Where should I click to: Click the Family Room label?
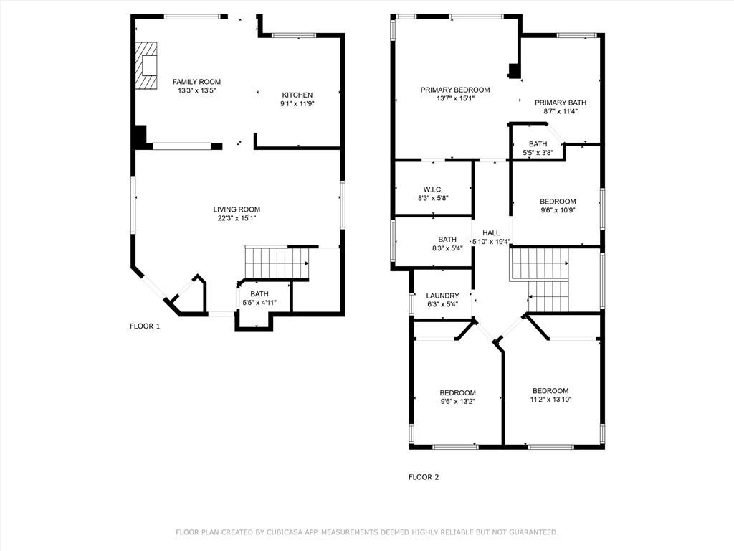tap(196, 82)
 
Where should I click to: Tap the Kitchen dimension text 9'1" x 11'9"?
tap(297, 103)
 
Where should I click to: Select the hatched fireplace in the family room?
tap(146, 65)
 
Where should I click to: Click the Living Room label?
tap(237, 209)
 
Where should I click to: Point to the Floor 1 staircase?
tap(277, 263)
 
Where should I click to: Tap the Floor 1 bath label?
tap(259, 293)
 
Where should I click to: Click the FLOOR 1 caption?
tap(145, 326)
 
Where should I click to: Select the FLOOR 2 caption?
tap(424, 477)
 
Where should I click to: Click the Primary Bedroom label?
tap(455, 90)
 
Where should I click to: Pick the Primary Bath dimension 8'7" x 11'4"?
tap(561, 111)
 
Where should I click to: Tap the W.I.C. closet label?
tap(433, 189)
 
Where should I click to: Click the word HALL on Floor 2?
tap(491, 233)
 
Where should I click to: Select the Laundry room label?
tap(442, 296)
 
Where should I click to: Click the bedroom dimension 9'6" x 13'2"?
tap(457, 402)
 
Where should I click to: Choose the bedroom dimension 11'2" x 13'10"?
tap(550, 400)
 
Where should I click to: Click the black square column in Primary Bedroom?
tap(515, 70)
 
